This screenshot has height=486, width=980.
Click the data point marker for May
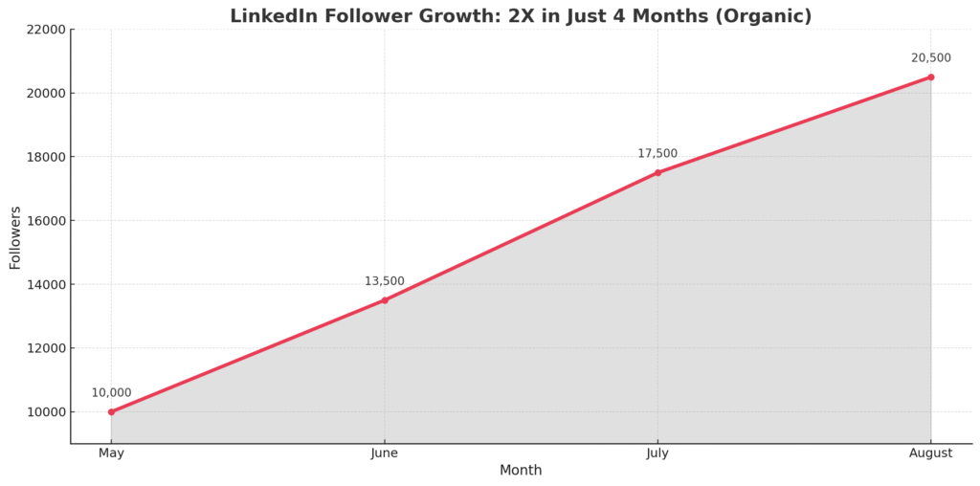(x=111, y=411)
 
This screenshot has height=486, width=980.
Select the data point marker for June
(x=385, y=300)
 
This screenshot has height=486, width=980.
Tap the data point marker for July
(x=657, y=172)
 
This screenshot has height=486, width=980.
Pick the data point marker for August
(x=930, y=77)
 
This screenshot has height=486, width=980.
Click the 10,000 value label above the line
(x=111, y=392)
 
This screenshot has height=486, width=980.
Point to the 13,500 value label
(x=384, y=281)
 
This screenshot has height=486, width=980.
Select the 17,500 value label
(x=657, y=153)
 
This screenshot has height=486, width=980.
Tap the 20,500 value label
(x=930, y=58)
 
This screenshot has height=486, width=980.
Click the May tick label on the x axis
(x=111, y=453)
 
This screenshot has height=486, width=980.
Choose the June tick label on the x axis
(x=385, y=453)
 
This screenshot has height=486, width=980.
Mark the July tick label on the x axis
(x=657, y=453)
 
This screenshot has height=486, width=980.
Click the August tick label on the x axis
(x=930, y=453)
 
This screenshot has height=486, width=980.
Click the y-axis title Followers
(x=15, y=237)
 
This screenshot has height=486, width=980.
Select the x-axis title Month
(x=521, y=471)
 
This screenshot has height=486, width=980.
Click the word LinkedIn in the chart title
(x=267, y=16)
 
